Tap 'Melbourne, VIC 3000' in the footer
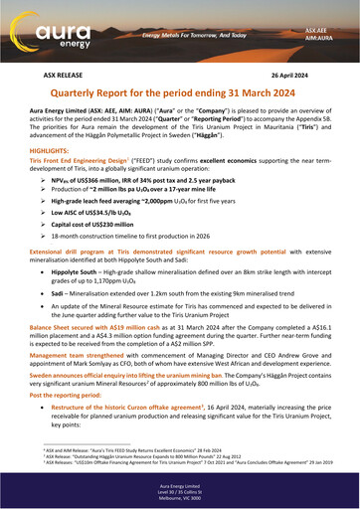179,499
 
